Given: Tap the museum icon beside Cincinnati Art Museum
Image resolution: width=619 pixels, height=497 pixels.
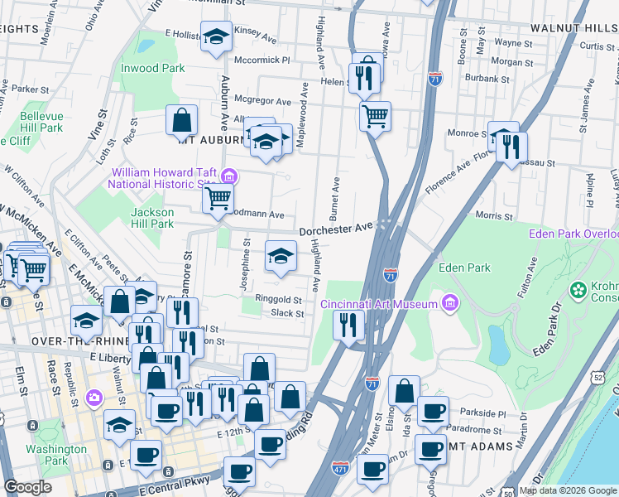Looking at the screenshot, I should [450, 303].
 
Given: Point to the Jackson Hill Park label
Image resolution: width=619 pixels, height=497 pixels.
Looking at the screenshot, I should [152, 218].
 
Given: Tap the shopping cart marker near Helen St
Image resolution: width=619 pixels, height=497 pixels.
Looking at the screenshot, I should [375, 116].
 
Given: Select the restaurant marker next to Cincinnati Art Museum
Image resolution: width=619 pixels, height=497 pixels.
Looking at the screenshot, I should [348, 325].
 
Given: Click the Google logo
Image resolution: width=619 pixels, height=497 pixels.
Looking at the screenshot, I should [28, 487].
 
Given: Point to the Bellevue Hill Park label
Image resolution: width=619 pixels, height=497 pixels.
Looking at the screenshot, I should [41, 122].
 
